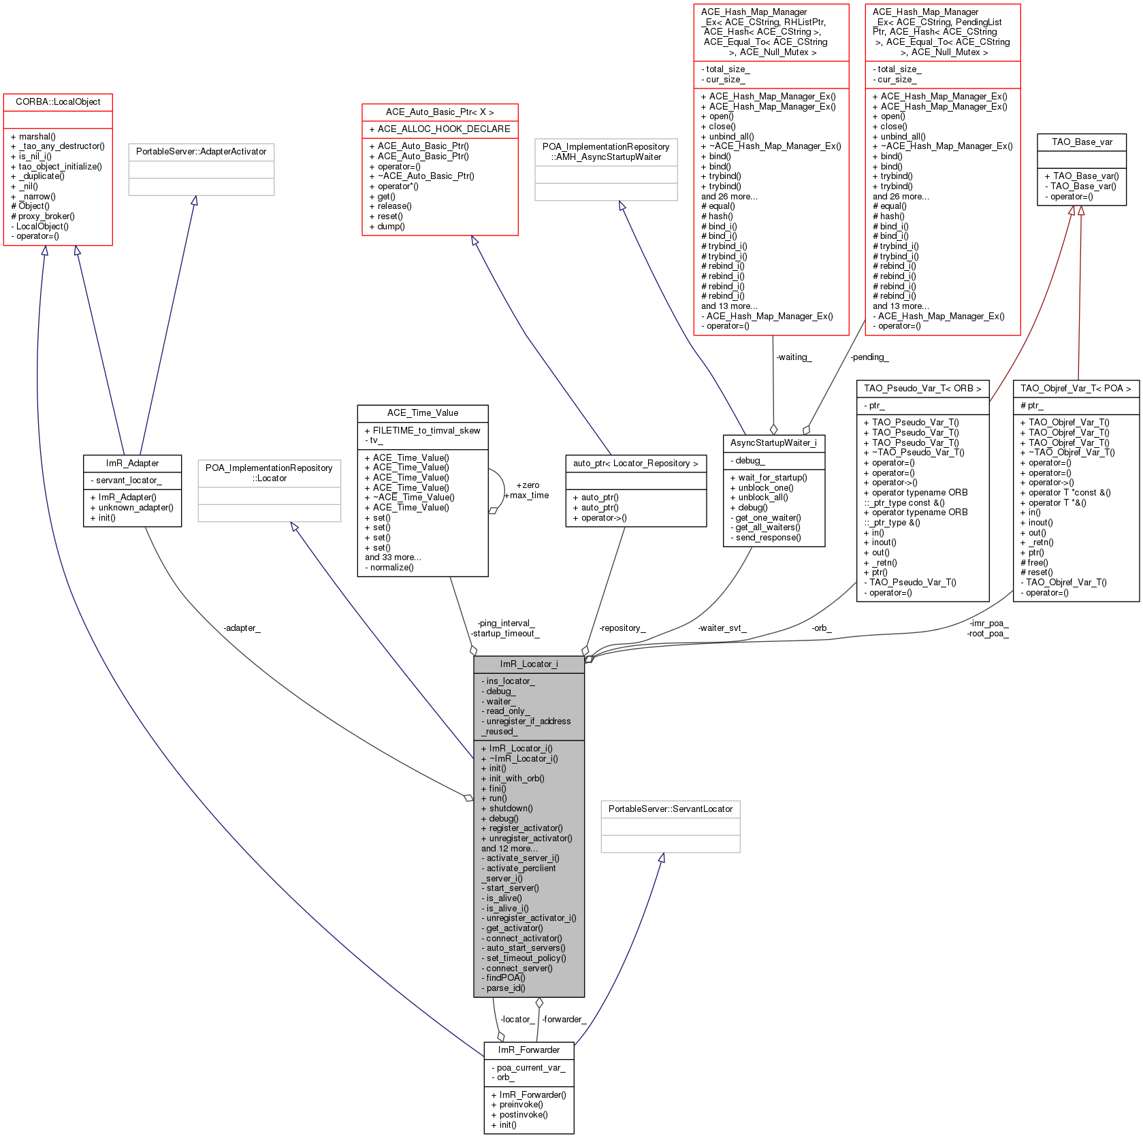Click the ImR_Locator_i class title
pos(529,664)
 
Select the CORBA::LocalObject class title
pos(58,102)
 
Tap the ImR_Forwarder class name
pos(529,1050)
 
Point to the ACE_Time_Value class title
pos(423,413)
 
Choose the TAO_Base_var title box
pos(1082,142)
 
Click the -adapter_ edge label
pos(242,628)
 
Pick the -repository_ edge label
pos(622,628)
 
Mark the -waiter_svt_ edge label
pos(722,628)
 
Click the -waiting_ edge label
pos(794,357)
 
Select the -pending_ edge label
pos(869,357)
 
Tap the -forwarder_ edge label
pos(564,1019)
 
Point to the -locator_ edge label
pos(517,1019)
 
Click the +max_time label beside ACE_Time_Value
pos(526,495)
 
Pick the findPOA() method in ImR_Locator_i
pos(505,978)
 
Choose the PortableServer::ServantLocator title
pos(671,809)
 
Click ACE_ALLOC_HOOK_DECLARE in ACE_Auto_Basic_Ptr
pos(440,129)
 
